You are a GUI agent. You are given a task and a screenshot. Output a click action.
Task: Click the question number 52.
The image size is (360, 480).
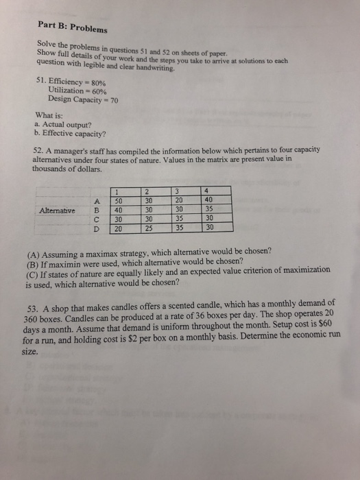coord(39,149)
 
